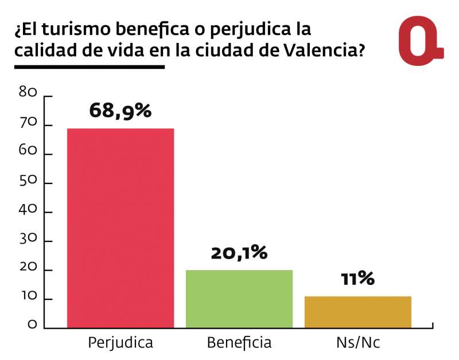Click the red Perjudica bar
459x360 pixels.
[120, 228]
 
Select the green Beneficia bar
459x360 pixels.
[239, 299]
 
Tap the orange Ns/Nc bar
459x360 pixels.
[357, 312]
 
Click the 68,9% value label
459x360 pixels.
[120, 111]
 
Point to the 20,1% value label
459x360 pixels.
[239, 253]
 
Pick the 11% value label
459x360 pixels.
[357, 279]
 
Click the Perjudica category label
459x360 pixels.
[120, 343]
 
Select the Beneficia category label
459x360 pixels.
[239, 343]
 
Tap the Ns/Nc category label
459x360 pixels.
[357, 343]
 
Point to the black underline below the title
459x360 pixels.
[89, 66]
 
